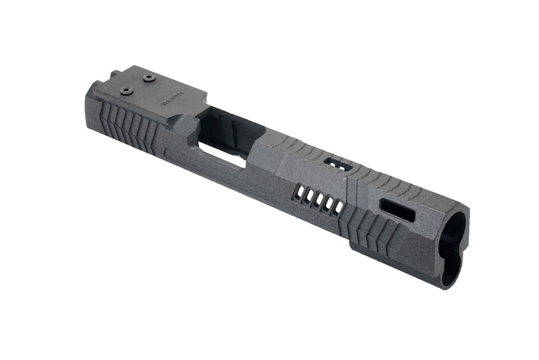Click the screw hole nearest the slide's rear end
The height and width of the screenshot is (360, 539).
click(125, 91)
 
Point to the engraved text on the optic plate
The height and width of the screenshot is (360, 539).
click(176, 97)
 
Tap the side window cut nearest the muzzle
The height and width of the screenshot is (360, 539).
click(338, 205)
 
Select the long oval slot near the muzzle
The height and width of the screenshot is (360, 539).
click(398, 210)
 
